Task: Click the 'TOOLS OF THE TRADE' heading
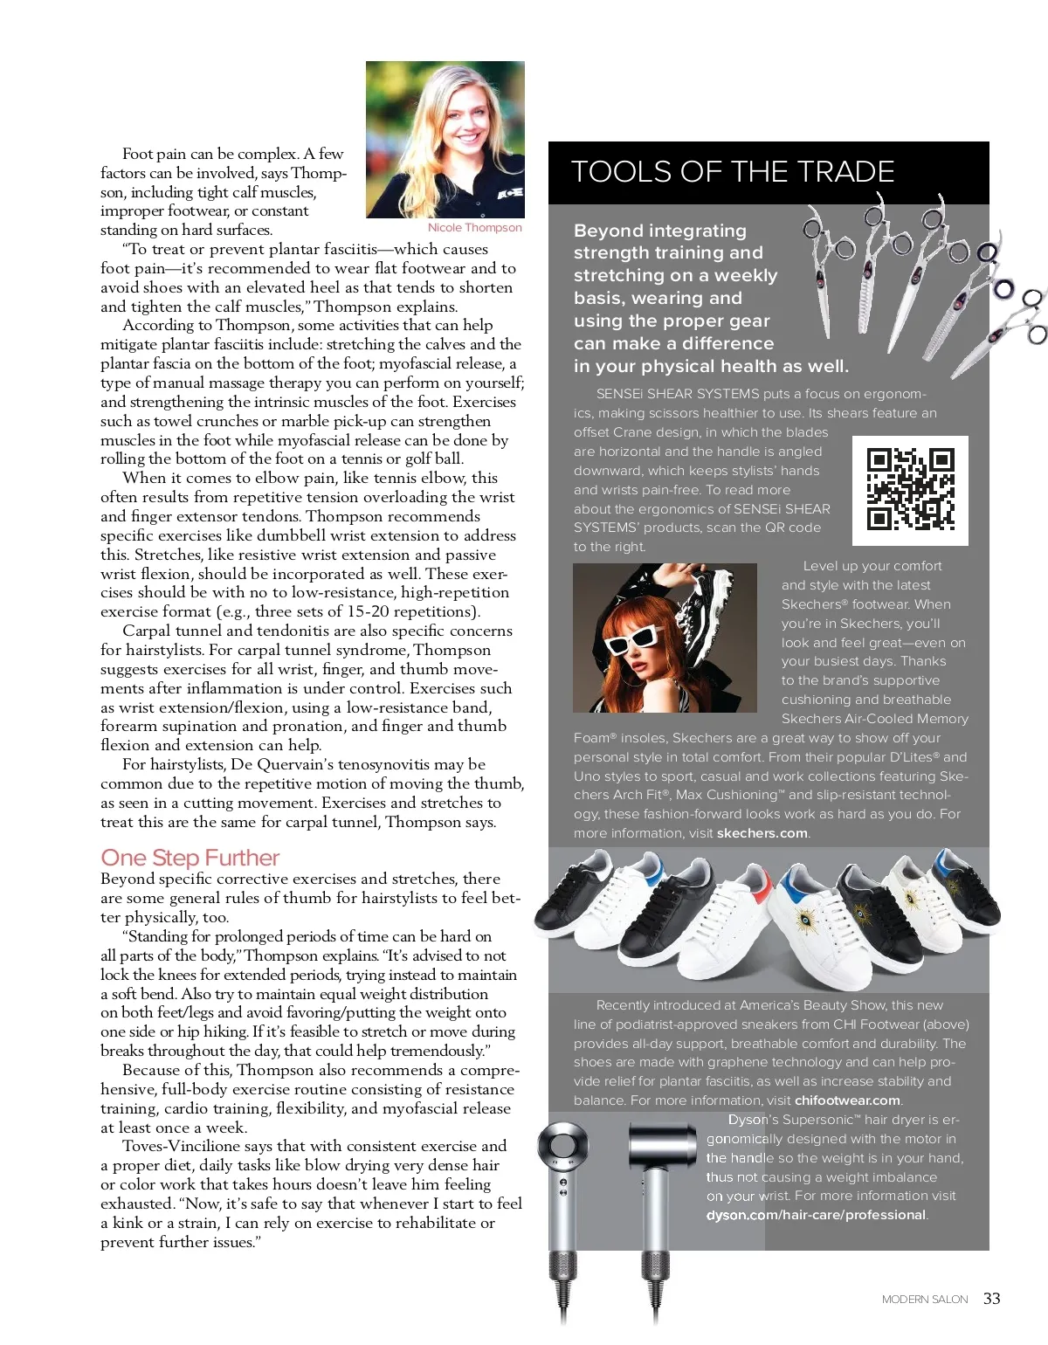coord(732,171)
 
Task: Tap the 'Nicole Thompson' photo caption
coord(474,228)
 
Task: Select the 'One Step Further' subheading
coord(190,858)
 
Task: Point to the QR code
coord(910,490)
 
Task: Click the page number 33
coord(991,1299)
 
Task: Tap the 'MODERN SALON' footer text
coord(924,1300)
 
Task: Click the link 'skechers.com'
coord(762,833)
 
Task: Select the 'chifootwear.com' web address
coord(846,1100)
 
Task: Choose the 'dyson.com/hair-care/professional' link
coord(816,1215)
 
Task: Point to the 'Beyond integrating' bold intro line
coord(659,231)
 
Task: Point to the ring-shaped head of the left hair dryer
coord(562,1145)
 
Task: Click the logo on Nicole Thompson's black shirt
coord(510,192)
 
